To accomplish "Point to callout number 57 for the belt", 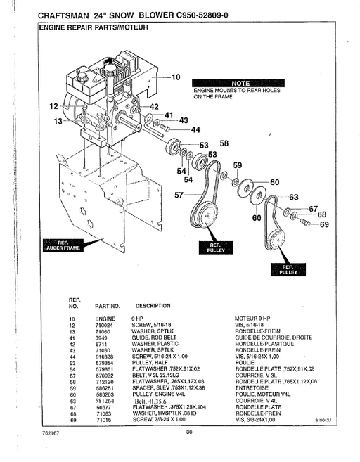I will [179, 194].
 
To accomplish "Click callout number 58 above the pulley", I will [224, 144].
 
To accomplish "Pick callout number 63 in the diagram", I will [294, 197].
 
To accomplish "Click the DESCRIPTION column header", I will [153, 306].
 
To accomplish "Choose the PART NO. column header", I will [108, 306].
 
